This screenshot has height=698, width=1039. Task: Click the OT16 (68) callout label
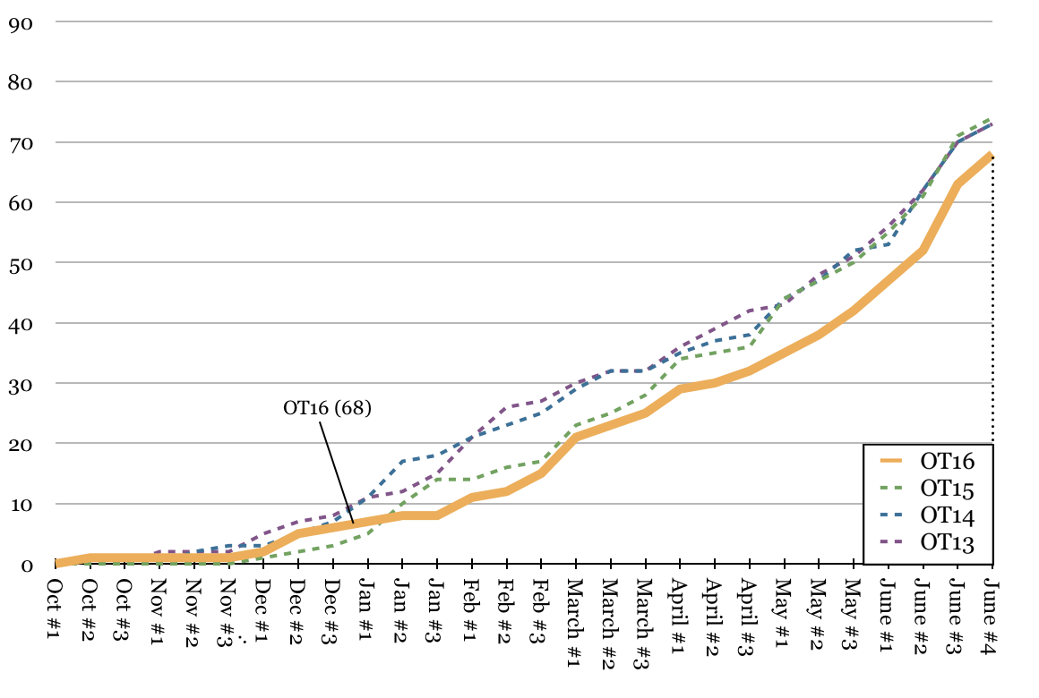click(x=327, y=408)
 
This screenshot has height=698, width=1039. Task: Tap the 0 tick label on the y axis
click(x=26, y=565)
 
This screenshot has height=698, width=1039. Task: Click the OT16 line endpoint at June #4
click(x=991, y=155)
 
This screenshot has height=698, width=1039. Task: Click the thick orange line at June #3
click(x=957, y=184)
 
